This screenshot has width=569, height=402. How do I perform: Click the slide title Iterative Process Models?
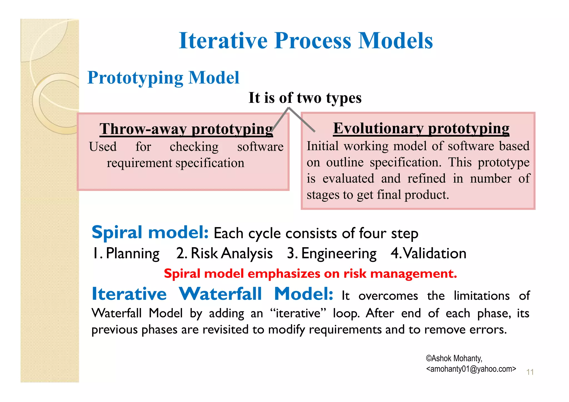pos(306,41)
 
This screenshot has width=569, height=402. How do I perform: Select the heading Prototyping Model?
pos(163,78)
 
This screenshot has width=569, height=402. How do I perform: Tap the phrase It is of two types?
pos(305,98)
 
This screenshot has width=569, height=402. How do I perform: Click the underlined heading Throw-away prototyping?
pos(186,129)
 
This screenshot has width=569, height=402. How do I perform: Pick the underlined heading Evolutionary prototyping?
pos(421,128)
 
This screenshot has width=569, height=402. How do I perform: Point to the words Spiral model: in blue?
pos(150,232)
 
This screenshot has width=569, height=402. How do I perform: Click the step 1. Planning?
pos(126,253)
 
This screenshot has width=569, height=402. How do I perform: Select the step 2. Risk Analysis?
pos(224,253)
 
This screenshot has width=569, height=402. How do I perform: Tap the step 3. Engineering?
pos(332,253)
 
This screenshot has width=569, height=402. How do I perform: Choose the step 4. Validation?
pos(428,253)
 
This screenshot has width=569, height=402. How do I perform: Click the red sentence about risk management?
pos(310,274)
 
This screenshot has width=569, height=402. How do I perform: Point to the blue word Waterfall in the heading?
pos(220,294)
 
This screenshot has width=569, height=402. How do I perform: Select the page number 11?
pos(530,372)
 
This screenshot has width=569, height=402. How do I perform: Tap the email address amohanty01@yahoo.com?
pos(471,369)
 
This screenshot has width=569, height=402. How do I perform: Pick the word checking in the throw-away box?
pos(194,147)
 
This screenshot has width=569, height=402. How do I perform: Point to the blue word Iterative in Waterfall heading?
pos(129,294)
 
